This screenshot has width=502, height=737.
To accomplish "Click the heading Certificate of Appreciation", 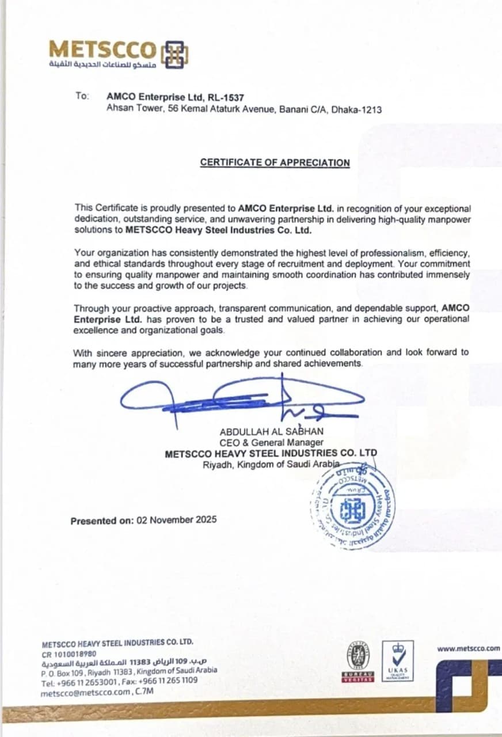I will pyautogui.click(x=275, y=162).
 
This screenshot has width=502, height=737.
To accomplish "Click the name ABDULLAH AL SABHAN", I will pyautogui.click(x=272, y=431).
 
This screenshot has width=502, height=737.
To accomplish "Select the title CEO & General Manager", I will pyautogui.click(x=271, y=442).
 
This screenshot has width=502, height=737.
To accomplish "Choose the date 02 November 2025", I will pyautogui.click(x=177, y=519).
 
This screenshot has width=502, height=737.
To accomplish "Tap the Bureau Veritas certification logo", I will pyautogui.click(x=358, y=662).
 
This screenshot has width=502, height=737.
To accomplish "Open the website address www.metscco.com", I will pyautogui.click(x=469, y=648).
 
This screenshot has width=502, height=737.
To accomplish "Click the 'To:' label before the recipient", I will pyautogui.click(x=82, y=96).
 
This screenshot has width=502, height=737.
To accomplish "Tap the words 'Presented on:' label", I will pyautogui.click(x=102, y=521).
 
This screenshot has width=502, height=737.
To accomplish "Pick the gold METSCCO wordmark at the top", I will pyautogui.click(x=102, y=49).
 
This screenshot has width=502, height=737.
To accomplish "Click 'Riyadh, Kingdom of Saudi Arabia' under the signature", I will pyautogui.click(x=271, y=465).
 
